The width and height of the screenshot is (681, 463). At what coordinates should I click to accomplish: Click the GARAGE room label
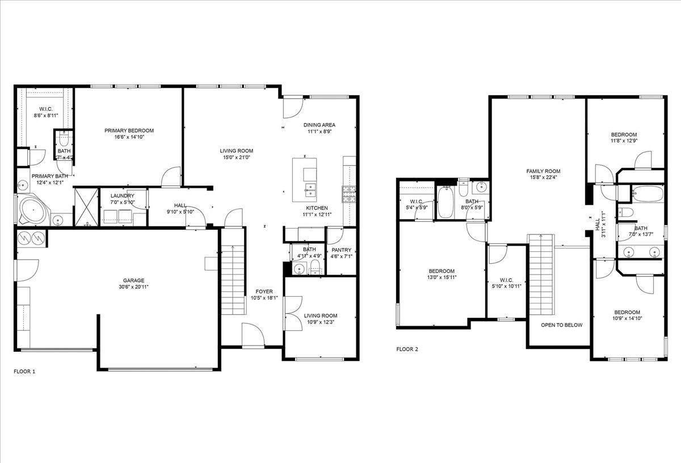click(133, 280)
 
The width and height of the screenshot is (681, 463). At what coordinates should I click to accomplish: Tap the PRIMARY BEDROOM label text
click(129, 131)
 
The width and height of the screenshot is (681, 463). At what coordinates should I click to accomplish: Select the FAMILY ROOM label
click(543, 171)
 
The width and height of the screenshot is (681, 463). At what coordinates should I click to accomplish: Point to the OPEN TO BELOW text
click(561, 325)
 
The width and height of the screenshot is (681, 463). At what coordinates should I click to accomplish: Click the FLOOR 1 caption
click(24, 372)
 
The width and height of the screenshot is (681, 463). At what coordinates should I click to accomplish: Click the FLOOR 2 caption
click(407, 350)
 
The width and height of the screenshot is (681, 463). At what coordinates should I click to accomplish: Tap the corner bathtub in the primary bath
click(33, 210)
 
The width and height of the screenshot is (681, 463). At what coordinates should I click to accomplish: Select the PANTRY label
click(342, 250)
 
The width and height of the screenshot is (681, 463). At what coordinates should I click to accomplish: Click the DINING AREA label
click(319, 125)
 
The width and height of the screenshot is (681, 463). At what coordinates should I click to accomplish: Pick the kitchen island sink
click(310, 190)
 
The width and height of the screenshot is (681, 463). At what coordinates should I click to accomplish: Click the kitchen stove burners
click(349, 194)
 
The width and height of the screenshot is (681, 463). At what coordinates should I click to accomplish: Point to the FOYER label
click(264, 291)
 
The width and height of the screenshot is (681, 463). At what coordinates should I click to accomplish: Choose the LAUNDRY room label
click(122, 196)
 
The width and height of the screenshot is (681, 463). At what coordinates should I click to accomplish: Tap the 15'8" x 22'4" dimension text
click(543, 177)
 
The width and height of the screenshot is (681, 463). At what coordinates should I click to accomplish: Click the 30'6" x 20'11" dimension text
click(133, 287)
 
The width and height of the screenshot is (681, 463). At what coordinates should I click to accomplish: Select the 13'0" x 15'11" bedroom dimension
click(442, 277)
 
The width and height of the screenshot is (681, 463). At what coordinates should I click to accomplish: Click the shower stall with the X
click(87, 207)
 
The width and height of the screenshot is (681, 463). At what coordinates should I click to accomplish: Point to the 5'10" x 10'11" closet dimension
click(506, 286)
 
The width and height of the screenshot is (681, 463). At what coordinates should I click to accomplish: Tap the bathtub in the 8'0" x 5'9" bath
click(445, 202)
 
